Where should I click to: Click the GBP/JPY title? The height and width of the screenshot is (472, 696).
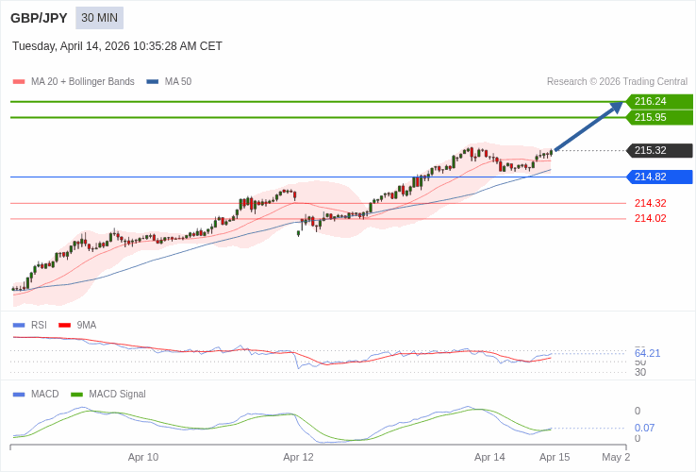tap(39, 18)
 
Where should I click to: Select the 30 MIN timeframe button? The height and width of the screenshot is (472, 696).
tap(99, 18)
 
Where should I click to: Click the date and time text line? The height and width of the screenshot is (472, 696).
tap(117, 46)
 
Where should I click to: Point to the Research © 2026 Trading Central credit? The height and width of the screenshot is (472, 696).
tap(617, 82)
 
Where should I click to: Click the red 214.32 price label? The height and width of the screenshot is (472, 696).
tap(650, 203)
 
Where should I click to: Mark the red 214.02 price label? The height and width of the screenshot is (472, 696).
tap(650, 218)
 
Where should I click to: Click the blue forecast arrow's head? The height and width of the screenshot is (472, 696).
tap(619, 106)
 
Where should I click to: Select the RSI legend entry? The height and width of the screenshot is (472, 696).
tap(38, 325)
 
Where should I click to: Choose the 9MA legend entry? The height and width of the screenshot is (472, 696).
tap(86, 325)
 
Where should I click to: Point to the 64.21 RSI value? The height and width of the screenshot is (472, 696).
tap(647, 353)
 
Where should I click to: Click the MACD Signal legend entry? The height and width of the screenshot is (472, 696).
tap(117, 394)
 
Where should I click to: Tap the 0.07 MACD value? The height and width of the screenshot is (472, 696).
tap(644, 428)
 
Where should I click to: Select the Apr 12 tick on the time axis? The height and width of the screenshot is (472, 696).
tap(298, 457)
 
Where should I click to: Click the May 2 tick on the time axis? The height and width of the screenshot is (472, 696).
tap(616, 457)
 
